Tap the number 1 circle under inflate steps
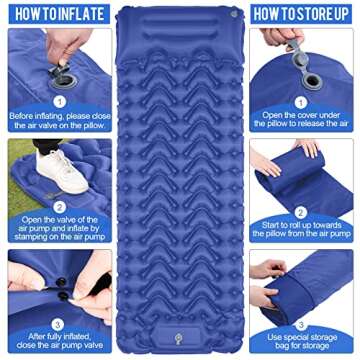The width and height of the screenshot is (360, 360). (59, 100)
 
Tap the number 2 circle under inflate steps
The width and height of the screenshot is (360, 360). (59, 209)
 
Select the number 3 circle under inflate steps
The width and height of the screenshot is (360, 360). (59, 323)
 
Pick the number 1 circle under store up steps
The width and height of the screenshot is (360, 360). (300, 100)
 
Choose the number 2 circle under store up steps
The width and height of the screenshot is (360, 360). (300, 212)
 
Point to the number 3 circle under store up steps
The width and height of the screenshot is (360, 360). (300, 322)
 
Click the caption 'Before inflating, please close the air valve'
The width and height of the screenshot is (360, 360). (57, 121)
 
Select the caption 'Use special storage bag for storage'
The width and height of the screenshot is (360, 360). (301, 343)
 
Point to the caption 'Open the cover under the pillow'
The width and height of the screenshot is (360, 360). (301, 121)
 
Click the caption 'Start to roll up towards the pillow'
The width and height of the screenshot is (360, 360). (301, 233)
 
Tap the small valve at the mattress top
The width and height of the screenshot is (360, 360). (232, 13)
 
